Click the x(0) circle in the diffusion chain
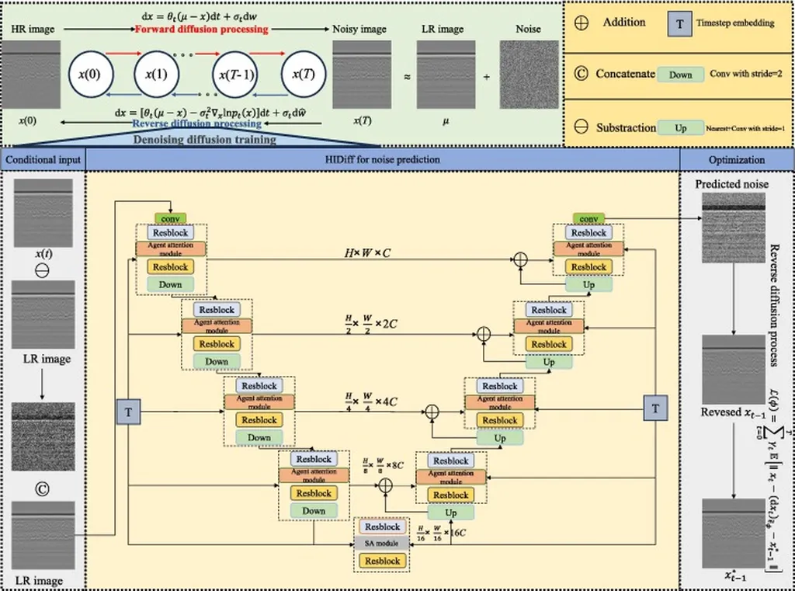coord(92,75)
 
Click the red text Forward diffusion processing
coord(201,30)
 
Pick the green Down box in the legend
coord(680,75)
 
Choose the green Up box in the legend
coord(680,127)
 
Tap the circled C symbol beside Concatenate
coord(579,75)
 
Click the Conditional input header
coord(43,160)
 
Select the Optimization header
coord(737,160)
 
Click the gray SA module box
coord(381,544)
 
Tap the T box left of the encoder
coord(128,412)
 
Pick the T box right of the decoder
coord(656,407)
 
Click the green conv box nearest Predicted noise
coord(588,219)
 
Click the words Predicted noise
coord(733,185)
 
